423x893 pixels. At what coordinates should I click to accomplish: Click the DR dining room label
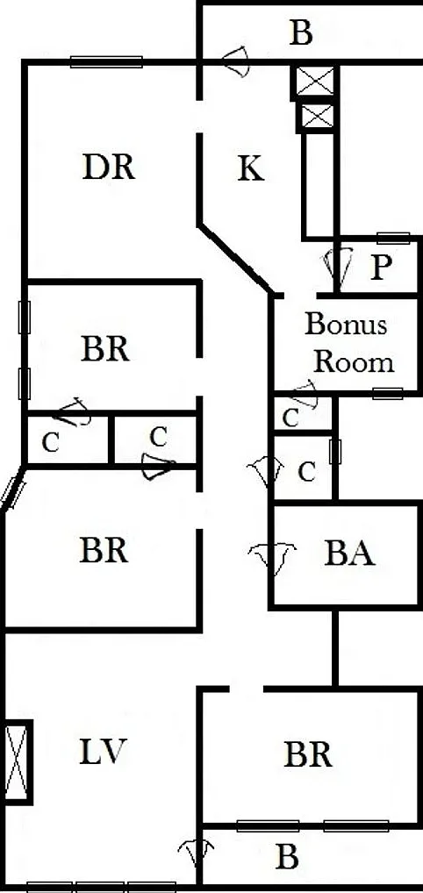tap(108, 168)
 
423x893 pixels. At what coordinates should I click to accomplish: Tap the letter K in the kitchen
tap(251, 168)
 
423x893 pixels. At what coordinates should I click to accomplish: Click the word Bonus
tap(346, 324)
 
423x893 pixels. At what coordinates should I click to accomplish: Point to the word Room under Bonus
tap(354, 361)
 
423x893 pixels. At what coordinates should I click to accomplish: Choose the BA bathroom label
tap(349, 554)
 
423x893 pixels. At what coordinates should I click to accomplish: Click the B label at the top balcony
tap(301, 33)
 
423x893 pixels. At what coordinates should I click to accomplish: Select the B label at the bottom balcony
tap(287, 856)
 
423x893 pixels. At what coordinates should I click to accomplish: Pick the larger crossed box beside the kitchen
tap(315, 82)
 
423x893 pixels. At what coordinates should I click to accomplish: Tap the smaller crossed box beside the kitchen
tap(317, 117)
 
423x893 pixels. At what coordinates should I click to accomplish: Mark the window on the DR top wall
tap(106, 61)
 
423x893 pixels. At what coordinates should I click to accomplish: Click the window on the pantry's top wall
tap(393, 238)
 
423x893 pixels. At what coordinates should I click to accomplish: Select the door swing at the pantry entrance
tap(339, 267)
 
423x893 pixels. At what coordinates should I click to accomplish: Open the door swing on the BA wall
tap(273, 558)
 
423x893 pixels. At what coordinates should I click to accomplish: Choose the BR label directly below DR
tap(105, 349)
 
